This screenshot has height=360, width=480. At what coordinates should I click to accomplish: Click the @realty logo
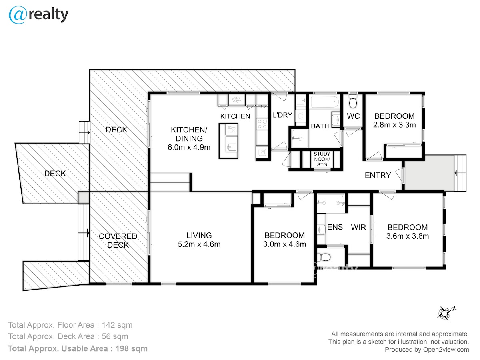38,15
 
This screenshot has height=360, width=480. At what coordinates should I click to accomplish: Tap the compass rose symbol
445,312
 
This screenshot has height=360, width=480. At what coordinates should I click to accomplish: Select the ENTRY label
378,175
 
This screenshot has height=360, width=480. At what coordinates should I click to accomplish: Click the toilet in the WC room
353,102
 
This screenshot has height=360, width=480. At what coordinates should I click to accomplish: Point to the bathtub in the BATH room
324,102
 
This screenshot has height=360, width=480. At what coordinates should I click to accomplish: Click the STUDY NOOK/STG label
322,159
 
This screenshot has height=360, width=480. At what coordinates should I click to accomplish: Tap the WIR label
359,227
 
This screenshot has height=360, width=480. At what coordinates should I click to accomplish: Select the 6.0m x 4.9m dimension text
189,147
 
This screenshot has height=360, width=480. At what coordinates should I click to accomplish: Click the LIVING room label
199,236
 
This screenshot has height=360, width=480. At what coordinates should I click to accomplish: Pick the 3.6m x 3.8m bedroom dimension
408,236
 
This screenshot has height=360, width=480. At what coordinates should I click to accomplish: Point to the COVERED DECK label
118,240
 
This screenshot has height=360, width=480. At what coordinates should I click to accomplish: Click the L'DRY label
282,116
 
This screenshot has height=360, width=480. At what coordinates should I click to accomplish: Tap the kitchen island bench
228,140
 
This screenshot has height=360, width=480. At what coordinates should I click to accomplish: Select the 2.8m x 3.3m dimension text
394,124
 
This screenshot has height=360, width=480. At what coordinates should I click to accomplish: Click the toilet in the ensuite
322,256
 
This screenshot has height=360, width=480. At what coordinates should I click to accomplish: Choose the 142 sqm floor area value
117,325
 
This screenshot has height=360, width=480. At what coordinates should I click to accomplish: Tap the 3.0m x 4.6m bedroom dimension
285,244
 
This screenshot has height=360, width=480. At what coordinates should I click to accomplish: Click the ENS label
335,227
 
